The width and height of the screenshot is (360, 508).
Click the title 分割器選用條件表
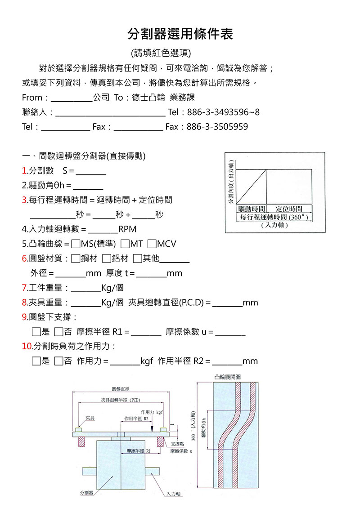[x=180, y=33]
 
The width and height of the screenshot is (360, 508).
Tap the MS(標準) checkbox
[x=76, y=244]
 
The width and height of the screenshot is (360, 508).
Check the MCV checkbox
[x=152, y=244]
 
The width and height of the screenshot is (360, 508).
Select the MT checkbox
[x=125, y=244]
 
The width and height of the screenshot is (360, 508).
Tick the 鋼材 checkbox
[x=76, y=258]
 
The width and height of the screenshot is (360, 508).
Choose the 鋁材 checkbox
[x=107, y=258]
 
